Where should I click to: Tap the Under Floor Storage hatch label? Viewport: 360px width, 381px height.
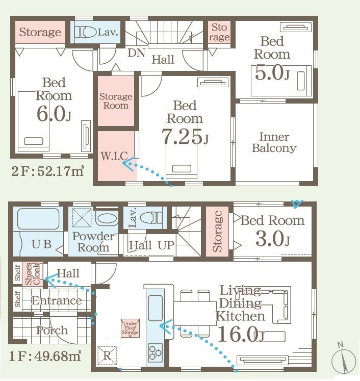coord(130,328)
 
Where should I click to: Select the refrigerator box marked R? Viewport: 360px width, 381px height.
coord(107,355)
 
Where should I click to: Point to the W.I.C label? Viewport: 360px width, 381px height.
coord(114,156)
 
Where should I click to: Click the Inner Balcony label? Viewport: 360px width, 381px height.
coord(274,142)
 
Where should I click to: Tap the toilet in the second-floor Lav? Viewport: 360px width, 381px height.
coord(85,32)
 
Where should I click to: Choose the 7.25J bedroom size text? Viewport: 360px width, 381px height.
coord(185,137)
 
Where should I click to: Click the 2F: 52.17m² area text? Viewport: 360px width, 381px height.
coord(47,171)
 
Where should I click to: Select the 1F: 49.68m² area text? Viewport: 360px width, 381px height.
coord(45,356)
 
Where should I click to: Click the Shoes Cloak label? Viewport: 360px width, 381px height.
coord(33,273)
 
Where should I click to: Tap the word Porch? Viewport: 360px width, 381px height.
coord(52,330)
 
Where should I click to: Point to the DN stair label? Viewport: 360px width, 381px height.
coord(136,53)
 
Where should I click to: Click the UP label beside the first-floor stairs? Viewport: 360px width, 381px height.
coord(166,245)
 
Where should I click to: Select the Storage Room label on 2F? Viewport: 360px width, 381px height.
coord(116,101)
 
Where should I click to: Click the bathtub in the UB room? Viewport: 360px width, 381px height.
coord(38,219)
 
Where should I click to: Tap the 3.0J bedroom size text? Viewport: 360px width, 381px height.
coord(273,239)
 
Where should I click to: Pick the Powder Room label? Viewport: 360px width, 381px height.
coord(93,242)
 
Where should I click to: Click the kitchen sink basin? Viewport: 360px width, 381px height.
coord(156,308)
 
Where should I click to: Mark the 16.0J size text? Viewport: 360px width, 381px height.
coord(241,334)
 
